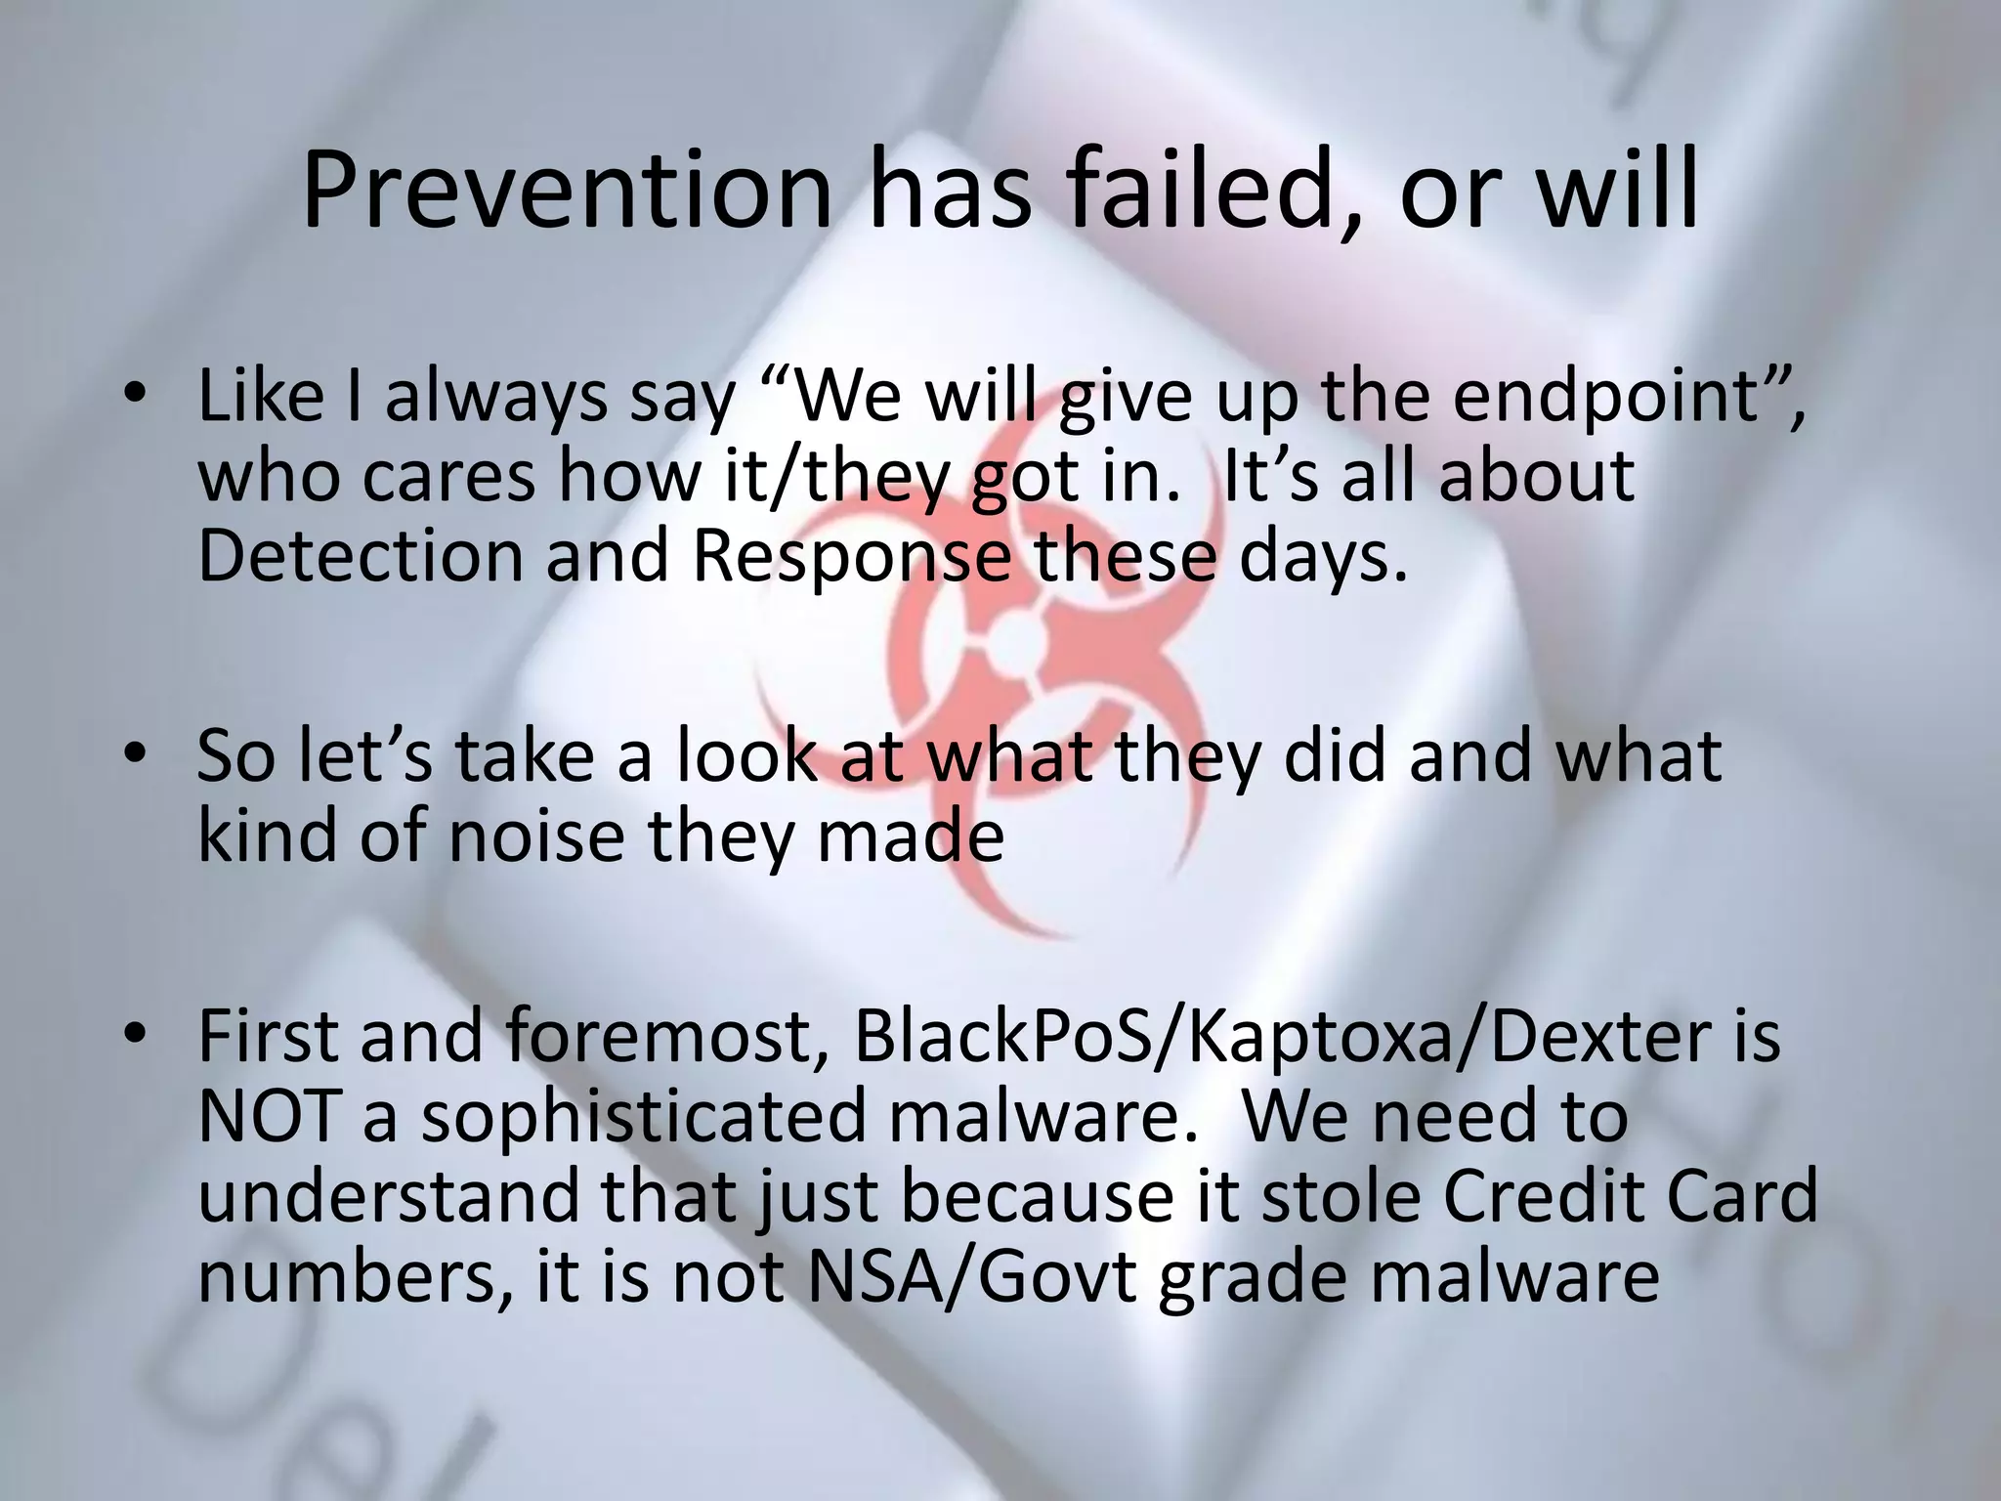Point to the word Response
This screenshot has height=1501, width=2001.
tap(851, 558)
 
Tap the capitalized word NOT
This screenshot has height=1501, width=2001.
tap(268, 1117)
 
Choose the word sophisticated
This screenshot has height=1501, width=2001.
tap(644, 1119)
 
